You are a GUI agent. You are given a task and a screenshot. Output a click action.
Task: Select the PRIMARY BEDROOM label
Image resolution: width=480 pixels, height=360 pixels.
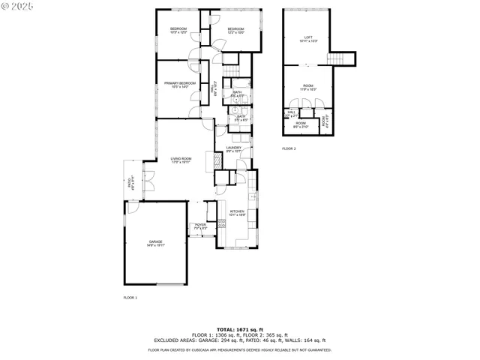point(180,84)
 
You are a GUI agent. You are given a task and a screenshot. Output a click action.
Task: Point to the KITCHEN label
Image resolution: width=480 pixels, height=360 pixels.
point(237,212)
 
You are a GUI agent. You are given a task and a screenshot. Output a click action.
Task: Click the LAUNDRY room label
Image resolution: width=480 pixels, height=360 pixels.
point(234,148)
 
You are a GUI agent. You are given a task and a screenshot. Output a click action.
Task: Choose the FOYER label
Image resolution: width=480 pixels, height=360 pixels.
point(200,226)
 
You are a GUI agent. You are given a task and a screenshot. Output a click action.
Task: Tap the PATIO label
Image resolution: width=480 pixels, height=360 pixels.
point(130,182)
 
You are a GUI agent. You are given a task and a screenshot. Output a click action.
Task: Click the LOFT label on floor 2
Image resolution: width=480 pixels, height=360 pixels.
point(307,38)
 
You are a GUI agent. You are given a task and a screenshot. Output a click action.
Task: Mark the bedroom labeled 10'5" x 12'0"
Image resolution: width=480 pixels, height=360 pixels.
point(178,30)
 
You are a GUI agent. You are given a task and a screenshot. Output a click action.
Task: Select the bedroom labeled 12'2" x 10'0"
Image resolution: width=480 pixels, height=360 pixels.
point(235,30)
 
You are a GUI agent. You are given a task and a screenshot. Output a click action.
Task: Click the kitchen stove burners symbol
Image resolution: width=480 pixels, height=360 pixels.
point(221,223)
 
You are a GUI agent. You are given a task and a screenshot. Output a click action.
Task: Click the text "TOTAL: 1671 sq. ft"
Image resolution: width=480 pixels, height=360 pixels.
point(240,329)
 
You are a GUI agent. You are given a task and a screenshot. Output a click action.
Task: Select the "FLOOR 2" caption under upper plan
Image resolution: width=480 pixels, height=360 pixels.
point(289,149)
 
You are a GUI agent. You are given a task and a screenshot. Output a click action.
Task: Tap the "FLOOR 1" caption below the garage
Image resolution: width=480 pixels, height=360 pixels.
point(130,298)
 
